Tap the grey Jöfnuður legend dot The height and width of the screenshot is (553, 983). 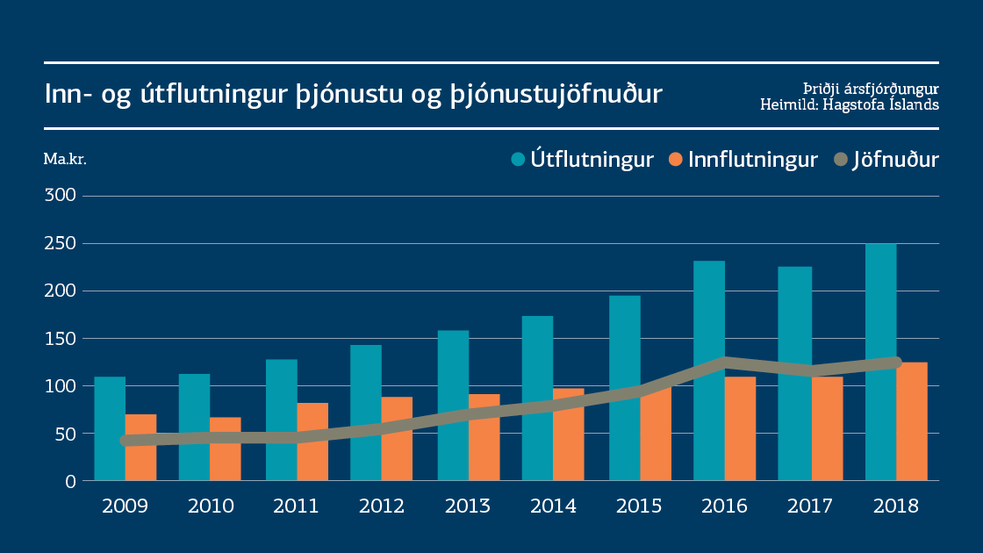(842, 160)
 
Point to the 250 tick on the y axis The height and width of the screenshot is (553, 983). (61, 243)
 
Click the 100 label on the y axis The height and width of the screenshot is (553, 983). (61, 385)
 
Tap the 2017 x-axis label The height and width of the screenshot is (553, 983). (809, 506)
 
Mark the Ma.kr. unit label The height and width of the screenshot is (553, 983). (65, 160)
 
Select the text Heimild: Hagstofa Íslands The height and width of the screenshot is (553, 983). (849, 104)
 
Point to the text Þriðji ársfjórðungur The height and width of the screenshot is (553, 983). (871, 89)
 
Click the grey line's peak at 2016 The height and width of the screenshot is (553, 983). (725, 362)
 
